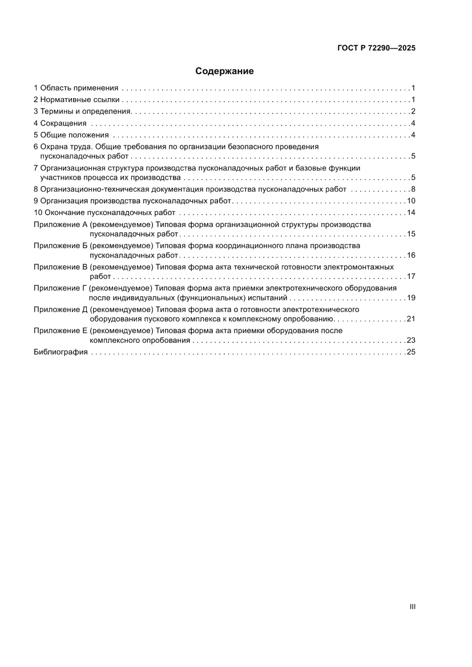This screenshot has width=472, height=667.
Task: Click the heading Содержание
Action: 224,71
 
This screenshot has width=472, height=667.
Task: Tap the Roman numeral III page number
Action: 412,607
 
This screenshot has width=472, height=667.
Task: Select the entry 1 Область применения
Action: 76,88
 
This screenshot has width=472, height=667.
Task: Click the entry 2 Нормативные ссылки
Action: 76,100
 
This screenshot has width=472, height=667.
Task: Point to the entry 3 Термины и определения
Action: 83,111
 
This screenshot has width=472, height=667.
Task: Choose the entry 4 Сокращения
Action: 60,123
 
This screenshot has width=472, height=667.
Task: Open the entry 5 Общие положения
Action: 71,135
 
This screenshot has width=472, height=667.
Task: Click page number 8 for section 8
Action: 413,189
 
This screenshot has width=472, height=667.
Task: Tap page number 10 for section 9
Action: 410,201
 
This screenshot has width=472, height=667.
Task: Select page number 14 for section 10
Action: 410,213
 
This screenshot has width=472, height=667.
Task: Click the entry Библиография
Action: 60,352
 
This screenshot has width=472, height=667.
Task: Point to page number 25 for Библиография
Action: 410,352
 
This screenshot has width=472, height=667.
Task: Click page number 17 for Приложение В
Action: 410,276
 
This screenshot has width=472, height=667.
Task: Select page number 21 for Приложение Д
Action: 410,318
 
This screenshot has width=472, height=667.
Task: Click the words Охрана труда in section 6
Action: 66,147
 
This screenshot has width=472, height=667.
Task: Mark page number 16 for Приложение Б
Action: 410,255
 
